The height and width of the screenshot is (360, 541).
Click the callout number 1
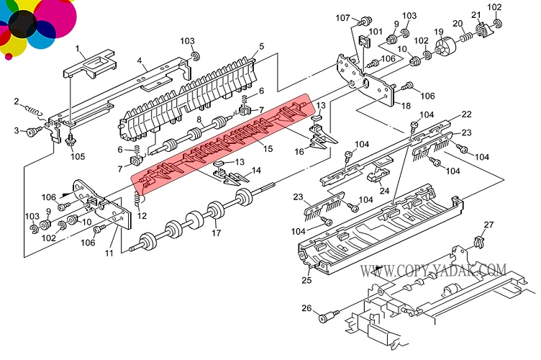78,48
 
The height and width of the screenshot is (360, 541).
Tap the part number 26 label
306,309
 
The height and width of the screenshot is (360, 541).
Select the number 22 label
466,114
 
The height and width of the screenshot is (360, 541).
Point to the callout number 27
488,225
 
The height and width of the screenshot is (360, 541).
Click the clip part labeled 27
478,241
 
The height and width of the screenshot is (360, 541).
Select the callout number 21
475,15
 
